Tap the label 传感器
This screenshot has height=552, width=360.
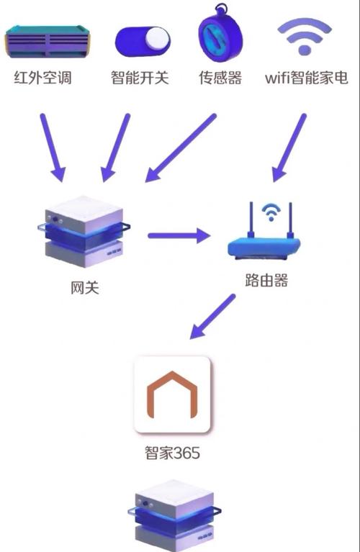(x=220, y=78)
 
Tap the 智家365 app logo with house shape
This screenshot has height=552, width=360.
(x=173, y=394)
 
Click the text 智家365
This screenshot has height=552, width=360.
(x=172, y=454)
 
